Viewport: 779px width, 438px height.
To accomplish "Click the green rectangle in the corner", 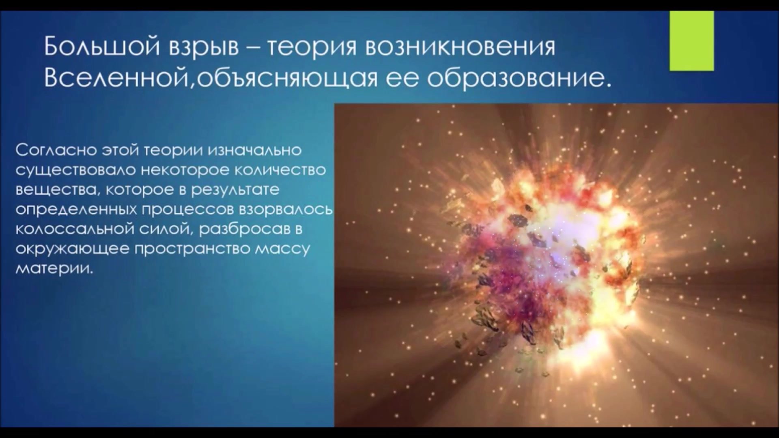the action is tap(691, 41).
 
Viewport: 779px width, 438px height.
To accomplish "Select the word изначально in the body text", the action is tap(254, 150).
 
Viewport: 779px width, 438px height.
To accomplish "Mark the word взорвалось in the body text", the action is tap(285, 210).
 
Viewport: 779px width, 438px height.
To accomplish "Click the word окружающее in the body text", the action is tap(72, 249).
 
